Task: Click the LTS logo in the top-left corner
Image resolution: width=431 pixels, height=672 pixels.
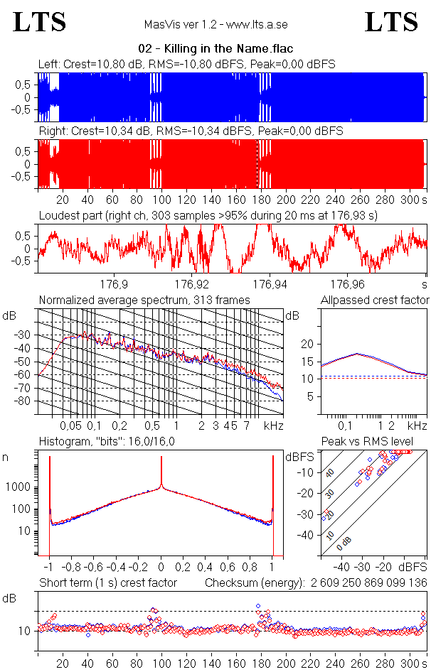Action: [41, 22]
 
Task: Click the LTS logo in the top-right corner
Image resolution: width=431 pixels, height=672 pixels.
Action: [391, 22]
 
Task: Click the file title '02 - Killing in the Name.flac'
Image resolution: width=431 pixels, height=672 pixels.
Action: [215, 48]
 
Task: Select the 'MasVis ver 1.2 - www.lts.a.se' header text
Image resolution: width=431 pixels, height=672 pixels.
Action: [215, 25]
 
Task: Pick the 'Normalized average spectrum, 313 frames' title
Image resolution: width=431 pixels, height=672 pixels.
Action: [144, 300]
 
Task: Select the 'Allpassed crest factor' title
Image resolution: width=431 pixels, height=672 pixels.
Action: [375, 300]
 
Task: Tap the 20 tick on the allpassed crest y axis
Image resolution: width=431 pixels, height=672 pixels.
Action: [307, 344]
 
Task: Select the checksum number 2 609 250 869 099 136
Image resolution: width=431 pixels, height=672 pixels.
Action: [367, 583]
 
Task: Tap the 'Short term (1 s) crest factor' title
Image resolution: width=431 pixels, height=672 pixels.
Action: [108, 583]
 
